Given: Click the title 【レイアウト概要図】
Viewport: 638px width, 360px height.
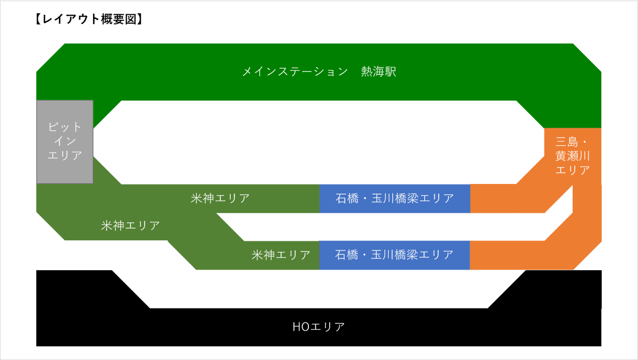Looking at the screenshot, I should click(88, 20).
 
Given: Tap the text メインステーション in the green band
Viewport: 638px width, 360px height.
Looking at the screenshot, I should click(295, 72).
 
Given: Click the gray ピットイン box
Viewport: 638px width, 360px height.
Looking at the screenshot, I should click(65, 141).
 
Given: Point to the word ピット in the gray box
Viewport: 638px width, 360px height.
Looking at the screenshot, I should click(65, 128).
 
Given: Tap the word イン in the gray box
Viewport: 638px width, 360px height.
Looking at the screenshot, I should click(65, 141).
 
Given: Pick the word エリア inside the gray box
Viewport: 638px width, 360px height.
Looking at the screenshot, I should click(65, 156).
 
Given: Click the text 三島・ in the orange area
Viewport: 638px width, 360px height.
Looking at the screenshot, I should click(573, 142).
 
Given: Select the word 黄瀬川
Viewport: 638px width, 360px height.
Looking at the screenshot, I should click(573, 156).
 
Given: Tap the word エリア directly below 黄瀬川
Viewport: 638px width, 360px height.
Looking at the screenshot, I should click(573, 170).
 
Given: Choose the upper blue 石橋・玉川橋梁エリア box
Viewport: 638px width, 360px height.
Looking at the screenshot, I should click(394, 198).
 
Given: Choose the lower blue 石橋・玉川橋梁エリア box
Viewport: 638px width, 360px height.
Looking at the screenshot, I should click(394, 255).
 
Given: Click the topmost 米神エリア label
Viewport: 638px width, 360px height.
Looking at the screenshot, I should click(220, 198).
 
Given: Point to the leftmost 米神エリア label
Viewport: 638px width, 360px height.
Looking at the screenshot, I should click(130, 225).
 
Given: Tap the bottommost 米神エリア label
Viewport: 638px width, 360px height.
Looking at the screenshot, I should click(281, 255).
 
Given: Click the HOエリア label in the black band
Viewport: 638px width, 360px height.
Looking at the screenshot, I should click(318, 326).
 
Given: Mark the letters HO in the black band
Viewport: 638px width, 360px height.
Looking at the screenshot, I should click(300, 326).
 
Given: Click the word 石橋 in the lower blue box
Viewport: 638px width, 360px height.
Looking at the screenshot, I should click(346, 255).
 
